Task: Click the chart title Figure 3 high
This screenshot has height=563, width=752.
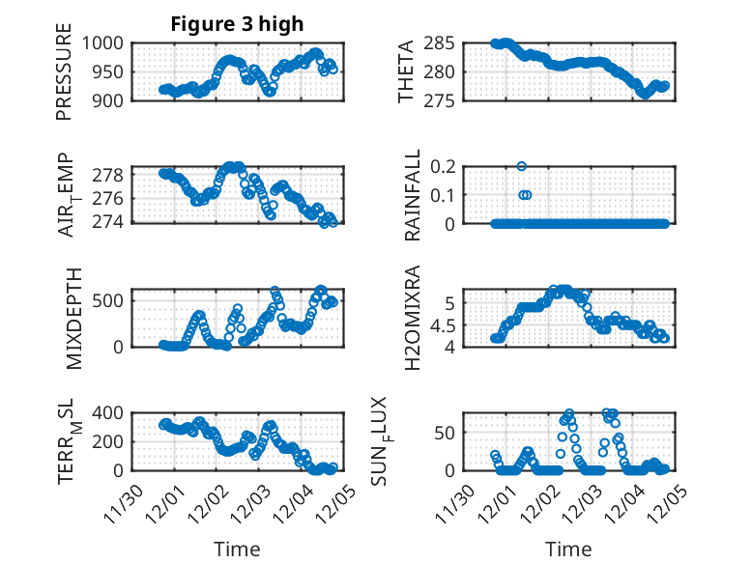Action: [237, 24]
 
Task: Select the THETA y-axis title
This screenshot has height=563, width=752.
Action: [407, 71]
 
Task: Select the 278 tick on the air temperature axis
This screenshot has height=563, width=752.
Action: [111, 175]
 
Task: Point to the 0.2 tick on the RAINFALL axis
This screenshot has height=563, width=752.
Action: [441, 166]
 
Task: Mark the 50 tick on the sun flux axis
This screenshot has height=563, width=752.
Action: [446, 432]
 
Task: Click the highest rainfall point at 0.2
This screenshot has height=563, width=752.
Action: [522, 166]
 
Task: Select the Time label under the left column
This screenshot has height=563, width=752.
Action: [237, 549]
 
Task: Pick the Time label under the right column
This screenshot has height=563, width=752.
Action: [568, 549]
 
